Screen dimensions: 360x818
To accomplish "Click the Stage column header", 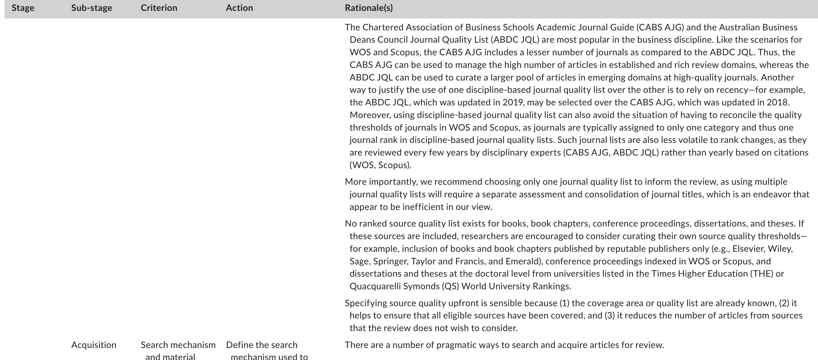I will (x=23, y=8).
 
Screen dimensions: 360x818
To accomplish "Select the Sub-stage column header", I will (x=91, y=8).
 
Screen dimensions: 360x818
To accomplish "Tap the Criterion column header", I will (x=159, y=8).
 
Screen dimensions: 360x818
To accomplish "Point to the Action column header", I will (x=239, y=8).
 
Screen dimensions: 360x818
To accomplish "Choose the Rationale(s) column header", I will (x=369, y=8).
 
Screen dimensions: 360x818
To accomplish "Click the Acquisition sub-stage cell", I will (x=94, y=345).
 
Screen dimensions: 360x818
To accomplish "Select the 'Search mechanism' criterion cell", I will (x=178, y=345).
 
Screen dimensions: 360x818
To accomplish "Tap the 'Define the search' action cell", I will (x=262, y=345).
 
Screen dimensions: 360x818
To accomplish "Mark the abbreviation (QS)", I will (x=450, y=286).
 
